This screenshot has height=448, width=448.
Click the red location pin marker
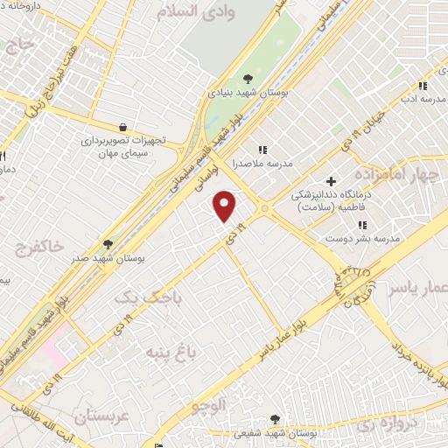click(x=226, y=206)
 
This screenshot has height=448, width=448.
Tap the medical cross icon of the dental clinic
click(x=331, y=180)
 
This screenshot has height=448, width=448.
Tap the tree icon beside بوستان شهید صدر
click(x=108, y=244)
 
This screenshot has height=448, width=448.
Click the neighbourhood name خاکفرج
click(x=40, y=249)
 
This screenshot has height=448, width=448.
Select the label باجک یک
click(x=139, y=297)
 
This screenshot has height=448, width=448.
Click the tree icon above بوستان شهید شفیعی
click(x=276, y=418)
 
